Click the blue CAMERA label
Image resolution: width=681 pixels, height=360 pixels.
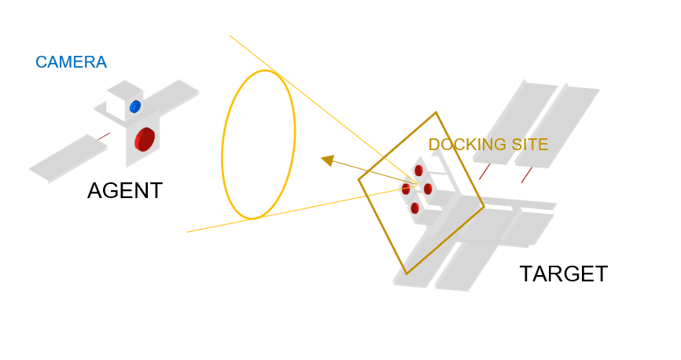[x=71, y=62]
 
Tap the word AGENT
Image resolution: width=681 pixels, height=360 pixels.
[x=125, y=191]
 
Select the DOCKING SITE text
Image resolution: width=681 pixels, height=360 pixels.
[x=488, y=145]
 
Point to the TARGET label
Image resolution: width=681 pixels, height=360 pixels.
[x=563, y=274]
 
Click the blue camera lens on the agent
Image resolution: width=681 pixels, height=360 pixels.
[x=135, y=106]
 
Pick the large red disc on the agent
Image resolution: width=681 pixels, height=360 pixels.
[x=145, y=138]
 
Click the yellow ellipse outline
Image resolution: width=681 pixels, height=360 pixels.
[x=223, y=149]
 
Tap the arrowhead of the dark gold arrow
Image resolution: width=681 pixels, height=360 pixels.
[x=326, y=160]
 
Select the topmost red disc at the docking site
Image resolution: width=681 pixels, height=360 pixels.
[x=418, y=171]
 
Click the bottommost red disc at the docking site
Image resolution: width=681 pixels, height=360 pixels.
[x=414, y=208]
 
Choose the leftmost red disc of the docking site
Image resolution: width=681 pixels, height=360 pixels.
[x=406, y=189]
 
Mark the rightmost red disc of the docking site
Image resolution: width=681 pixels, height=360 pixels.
[x=428, y=189]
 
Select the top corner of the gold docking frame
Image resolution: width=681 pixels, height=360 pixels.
[x=436, y=113]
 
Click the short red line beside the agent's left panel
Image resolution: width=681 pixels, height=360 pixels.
[x=103, y=137]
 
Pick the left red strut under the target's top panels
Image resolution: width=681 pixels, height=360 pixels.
[x=485, y=171]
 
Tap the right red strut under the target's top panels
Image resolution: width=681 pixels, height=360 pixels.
[x=526, y=174]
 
